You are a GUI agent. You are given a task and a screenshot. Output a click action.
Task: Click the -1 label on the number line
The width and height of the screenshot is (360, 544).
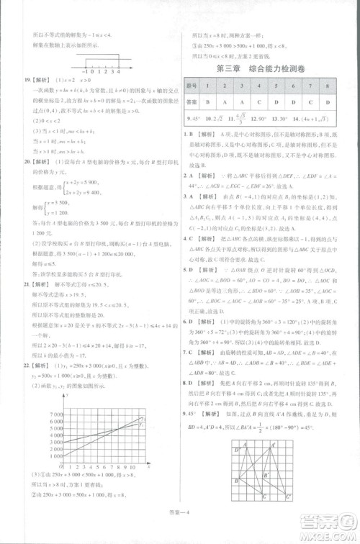[86, 73]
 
